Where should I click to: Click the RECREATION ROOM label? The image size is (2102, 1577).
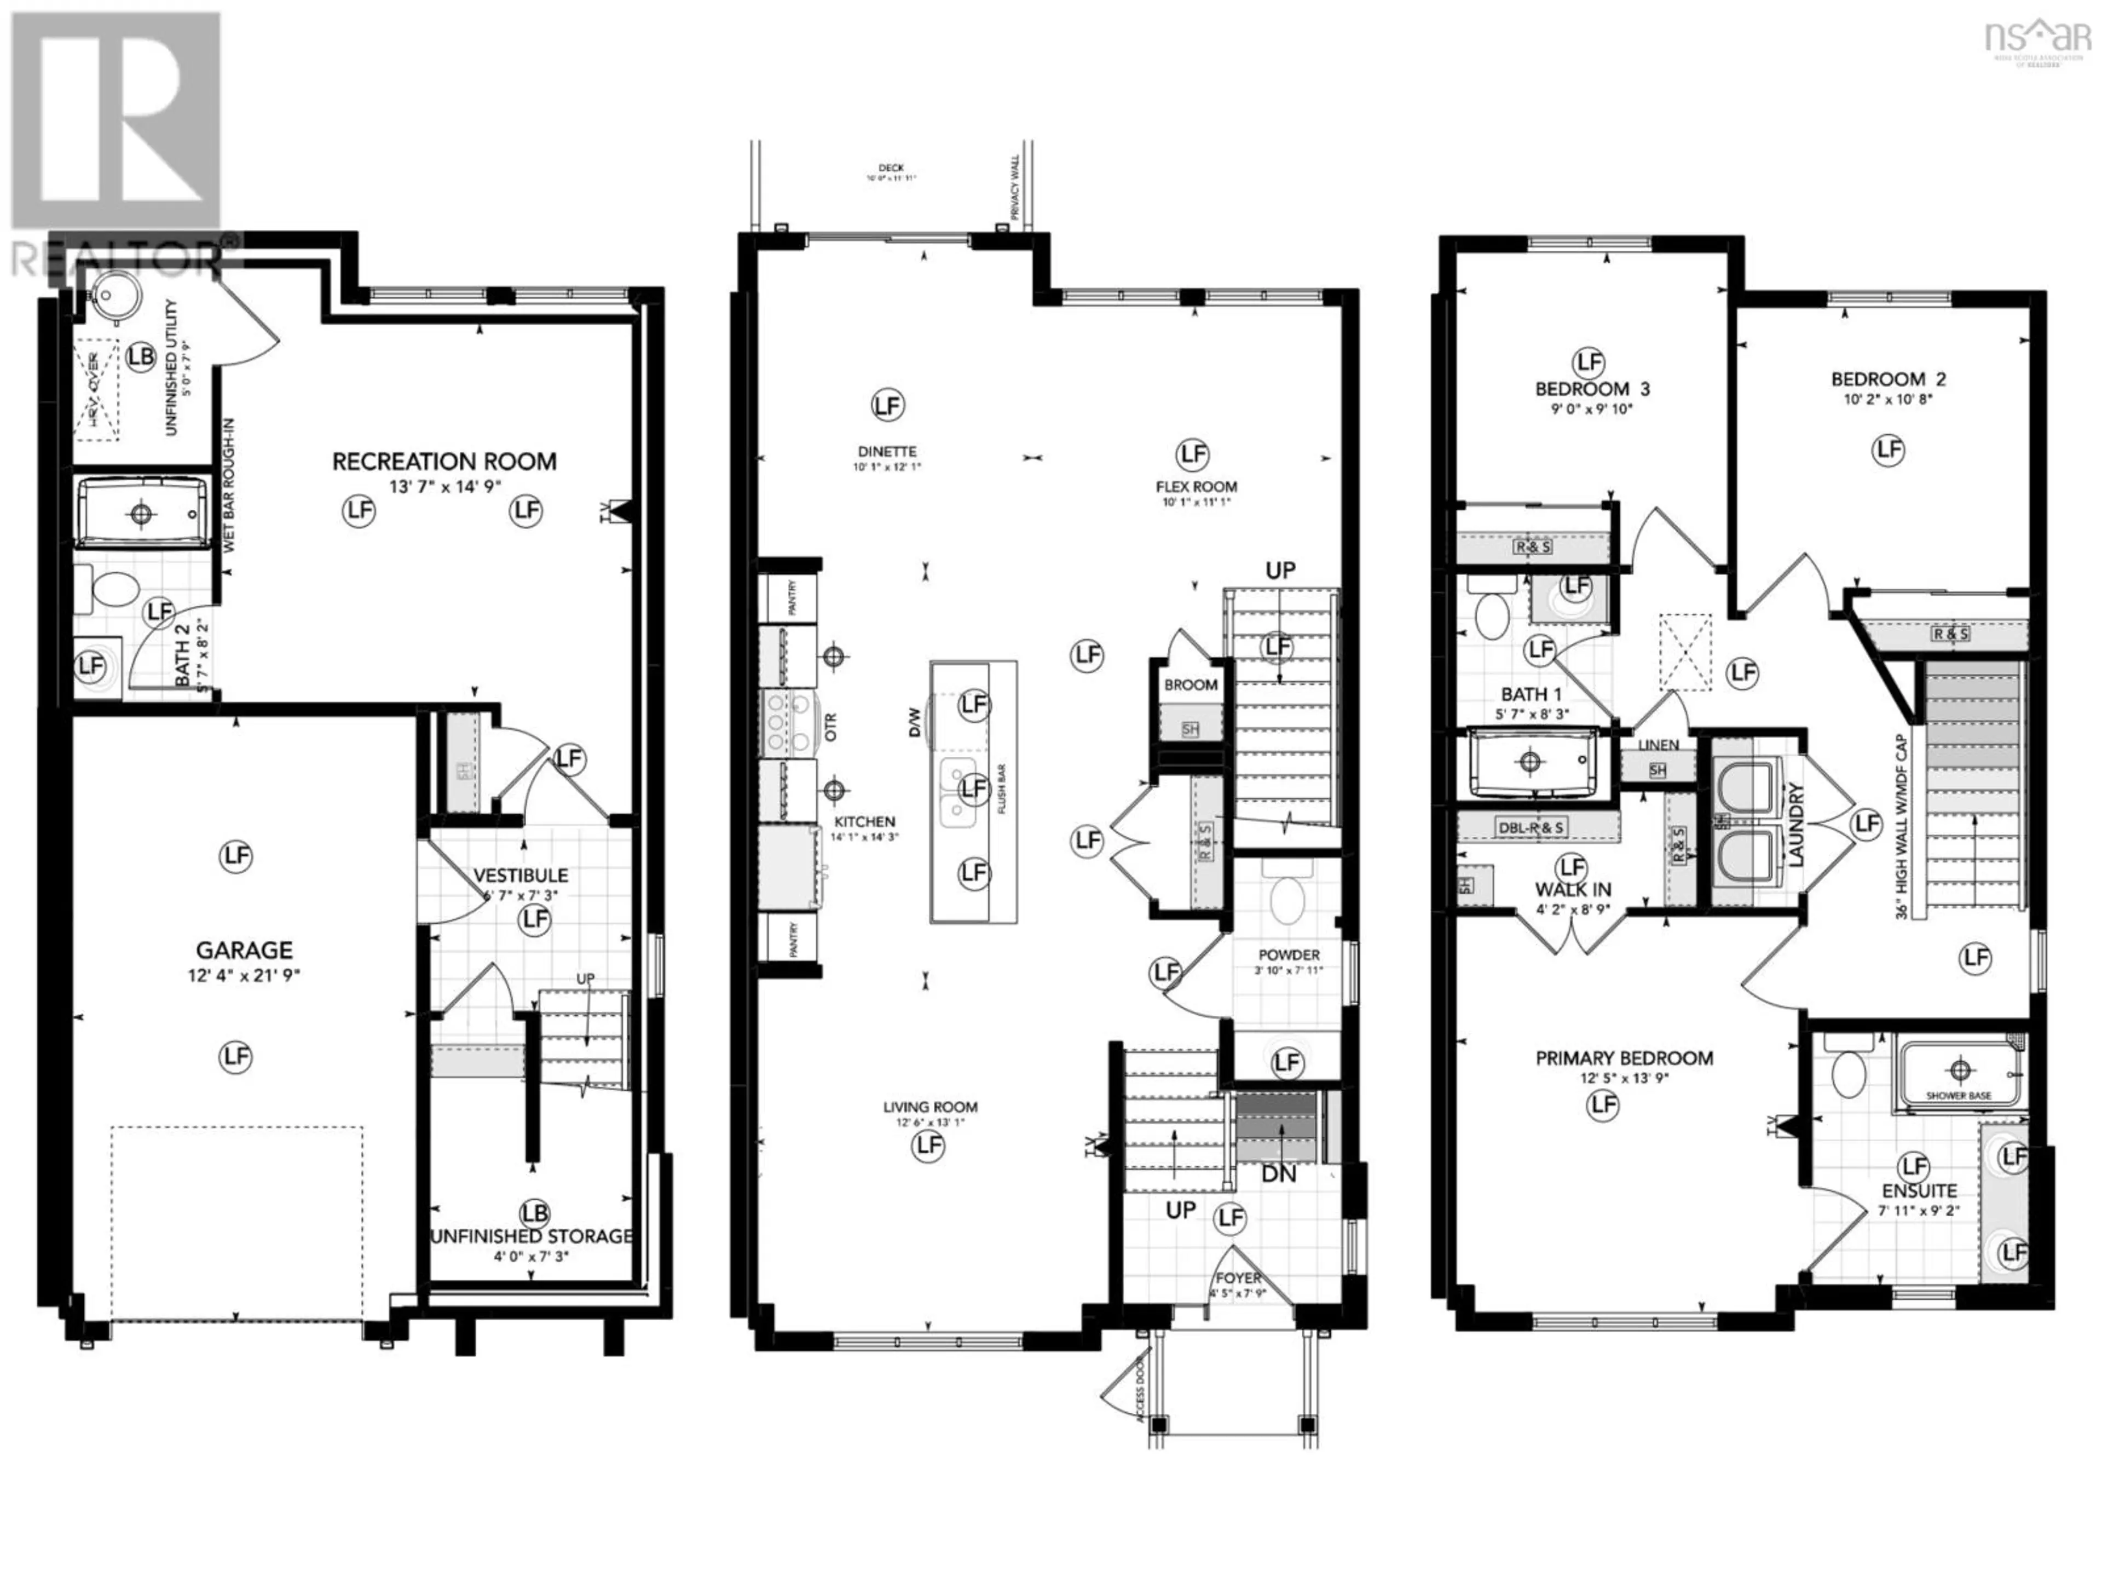pyautogui.click(x=444, y=462)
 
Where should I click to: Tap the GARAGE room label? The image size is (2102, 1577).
pyautogui.click(x=244, y=949)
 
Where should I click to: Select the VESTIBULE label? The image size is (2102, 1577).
pyautogui.click(x=521, y=874)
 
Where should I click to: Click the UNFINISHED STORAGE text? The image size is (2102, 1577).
pyautogui.click(x=531, y=1236)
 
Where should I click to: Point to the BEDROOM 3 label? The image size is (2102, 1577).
pyautogui.click(x=1593, y=389)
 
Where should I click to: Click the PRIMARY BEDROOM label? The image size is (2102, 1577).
pyautogui.click(x=1624, y=1058)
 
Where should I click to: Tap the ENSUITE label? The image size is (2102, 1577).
pyautogui.click(x=1919, y=1190)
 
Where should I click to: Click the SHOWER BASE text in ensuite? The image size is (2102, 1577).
pyautogui.click(x=1959, y=1096)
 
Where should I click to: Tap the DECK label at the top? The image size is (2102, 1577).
pyautogui.click(x=891, y=168)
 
